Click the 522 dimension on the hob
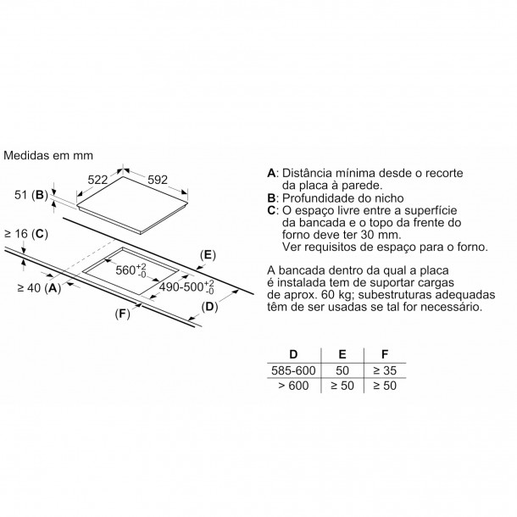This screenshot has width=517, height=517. pos(97,180)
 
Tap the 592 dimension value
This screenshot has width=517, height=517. pos(158,180)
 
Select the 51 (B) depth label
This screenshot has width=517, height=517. pos(31,195)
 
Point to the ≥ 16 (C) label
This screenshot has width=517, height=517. pos(26,234)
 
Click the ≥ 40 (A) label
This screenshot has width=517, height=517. pos(39,288)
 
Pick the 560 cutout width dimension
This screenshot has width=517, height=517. pos(131,270)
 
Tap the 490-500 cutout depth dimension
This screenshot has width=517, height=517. pos(186,286)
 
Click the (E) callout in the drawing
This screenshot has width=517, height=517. pos(208,255)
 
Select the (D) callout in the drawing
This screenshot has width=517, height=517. pos(209,307)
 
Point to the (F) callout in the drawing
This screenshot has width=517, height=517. pos(123,314)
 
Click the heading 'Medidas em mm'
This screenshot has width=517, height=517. pos(48,155)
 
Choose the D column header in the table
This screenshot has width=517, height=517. pos(293,354)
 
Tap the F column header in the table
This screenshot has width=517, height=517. pos(385,354)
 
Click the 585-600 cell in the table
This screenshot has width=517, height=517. pos(293,370)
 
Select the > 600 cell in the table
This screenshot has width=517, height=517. pos(293,386)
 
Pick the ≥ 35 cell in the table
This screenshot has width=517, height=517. pos(385,370)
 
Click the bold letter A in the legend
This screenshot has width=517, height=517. pos(271,173)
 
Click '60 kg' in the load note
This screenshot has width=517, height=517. pos(333,294)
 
